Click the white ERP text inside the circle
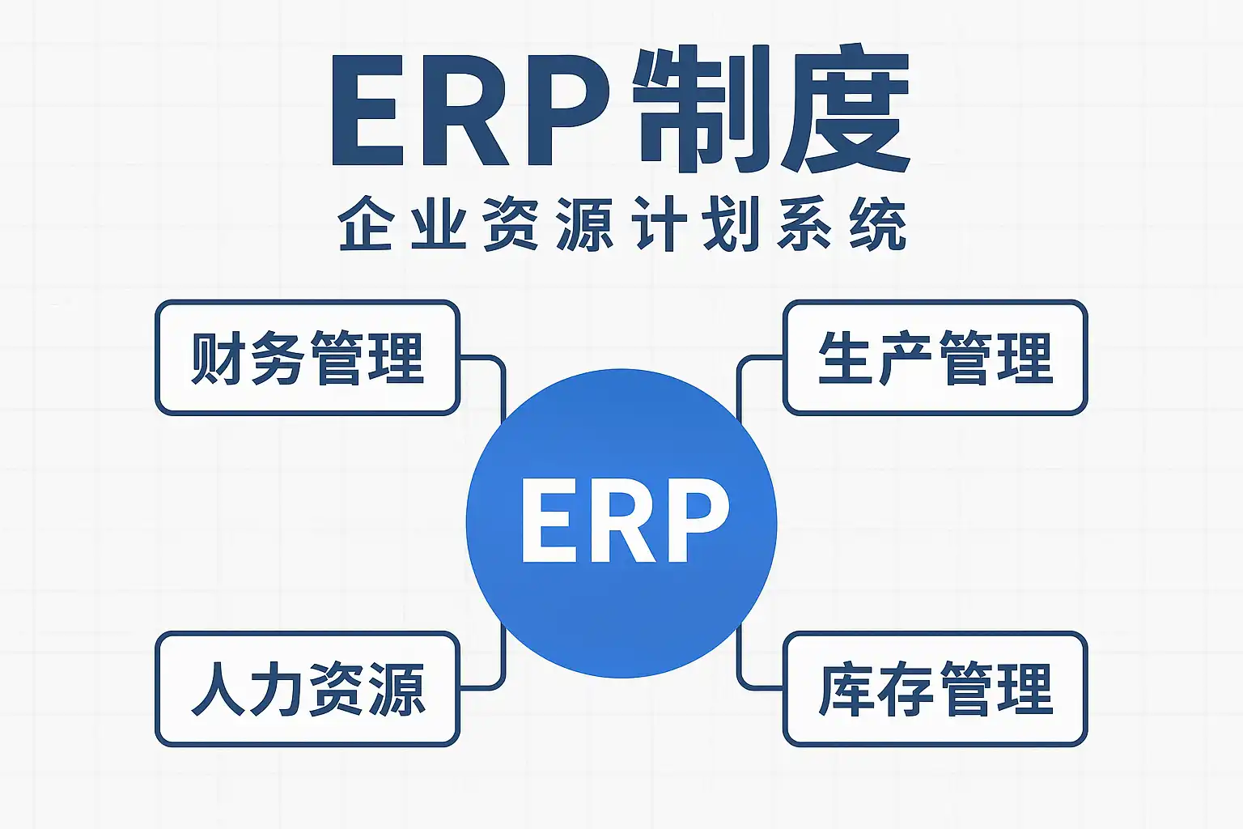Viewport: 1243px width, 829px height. (624, 521)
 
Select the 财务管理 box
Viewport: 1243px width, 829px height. (308, 358)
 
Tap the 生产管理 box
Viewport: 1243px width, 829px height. (935, 358)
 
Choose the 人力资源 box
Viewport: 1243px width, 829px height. (308, 689)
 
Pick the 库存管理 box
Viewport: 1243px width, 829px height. (935, 689)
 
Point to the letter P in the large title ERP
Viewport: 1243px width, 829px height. (566, 111)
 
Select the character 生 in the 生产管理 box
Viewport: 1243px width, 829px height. (845, 358)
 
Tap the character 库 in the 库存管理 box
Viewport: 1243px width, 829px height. (845, 689)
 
